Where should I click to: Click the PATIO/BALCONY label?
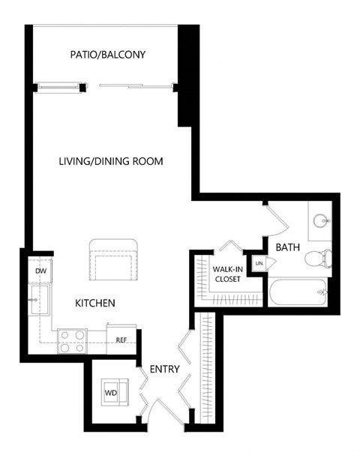pyautogui.click(x=107, y=55)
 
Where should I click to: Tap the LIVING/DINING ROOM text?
pyautogui.click(x=112, y=161)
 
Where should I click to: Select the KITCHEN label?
pyautogui.click(x=94, y=304)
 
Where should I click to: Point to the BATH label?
pyautogui.click(x=287, y=247)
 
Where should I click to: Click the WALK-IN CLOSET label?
pyautogui.click(x=227, y=274)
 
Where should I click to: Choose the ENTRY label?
pyautogui.click(x=165, y=369)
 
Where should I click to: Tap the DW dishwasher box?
pyautogui.click(x=40, y=271)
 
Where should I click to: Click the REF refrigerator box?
pyautogui.click(x=121, y=339)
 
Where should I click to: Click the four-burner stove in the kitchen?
pyautogui.click(x=73, y=341)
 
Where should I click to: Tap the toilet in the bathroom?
pyautogui.click(x=319, y=258)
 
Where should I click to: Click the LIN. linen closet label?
pyautogui.click(x=259, y=263)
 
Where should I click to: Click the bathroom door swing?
pyautogui.click(x=275, y=219)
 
